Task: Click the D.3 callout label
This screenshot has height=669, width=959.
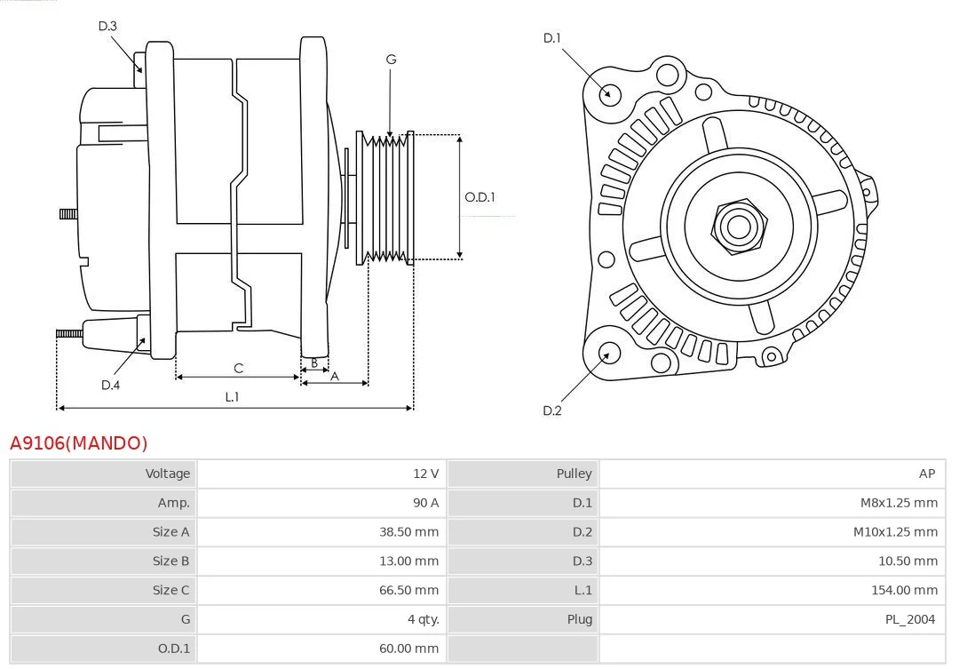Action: click(107, 26)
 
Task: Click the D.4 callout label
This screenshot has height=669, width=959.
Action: click(110, 385)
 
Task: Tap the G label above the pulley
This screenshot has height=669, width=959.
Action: click(391, 60)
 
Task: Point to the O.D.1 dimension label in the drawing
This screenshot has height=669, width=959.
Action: click(479, 197)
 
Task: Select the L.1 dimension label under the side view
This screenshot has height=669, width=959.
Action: click(232, 396)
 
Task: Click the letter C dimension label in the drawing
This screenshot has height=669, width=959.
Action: click(239, 368)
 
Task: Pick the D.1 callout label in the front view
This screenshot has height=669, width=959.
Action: click(551, 38)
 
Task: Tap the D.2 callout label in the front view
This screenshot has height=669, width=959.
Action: click(551, 410)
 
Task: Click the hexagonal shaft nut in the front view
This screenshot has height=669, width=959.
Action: click(739, 227)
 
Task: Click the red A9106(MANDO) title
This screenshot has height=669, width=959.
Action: click(79, 442)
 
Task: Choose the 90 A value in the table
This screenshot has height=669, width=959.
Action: click(425, 503)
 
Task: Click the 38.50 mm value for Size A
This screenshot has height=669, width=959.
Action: click(408, 532)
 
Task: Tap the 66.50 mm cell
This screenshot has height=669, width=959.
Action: click(408, 590)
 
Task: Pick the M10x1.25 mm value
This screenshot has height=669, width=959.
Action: click(895, 532)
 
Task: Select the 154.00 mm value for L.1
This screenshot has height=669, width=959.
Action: click(905, 590)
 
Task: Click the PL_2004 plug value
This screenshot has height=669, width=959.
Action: click(910, 619)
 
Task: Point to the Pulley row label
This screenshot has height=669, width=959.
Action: click(574, 474)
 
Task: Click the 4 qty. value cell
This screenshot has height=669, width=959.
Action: click(424, 619)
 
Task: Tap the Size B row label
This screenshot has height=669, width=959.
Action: click(170, 561)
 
